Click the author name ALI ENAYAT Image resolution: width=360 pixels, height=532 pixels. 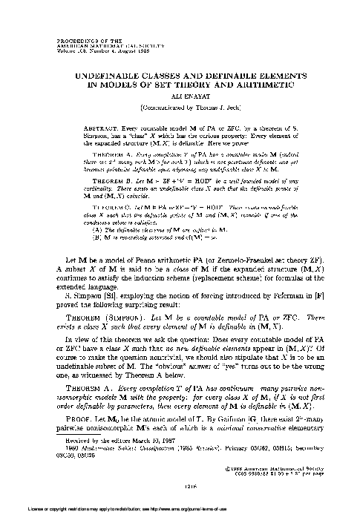(x=180, y=95)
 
